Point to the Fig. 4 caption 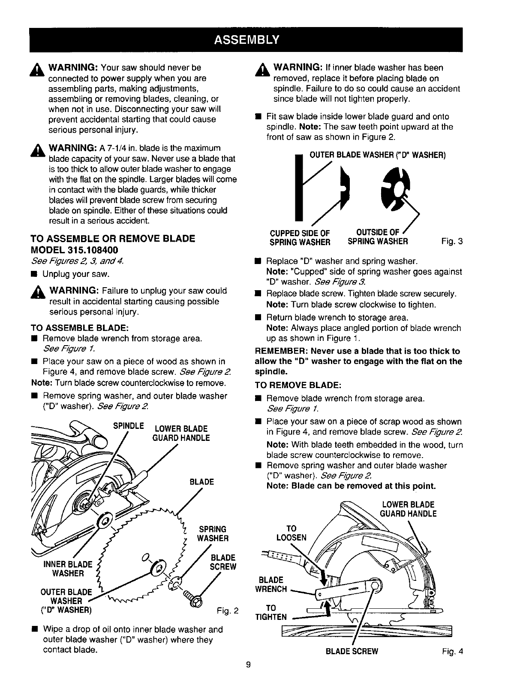click(453, 651)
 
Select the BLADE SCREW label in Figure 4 click(352, 651)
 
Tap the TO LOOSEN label click(292, 533)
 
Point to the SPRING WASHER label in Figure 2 click(213, 534)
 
